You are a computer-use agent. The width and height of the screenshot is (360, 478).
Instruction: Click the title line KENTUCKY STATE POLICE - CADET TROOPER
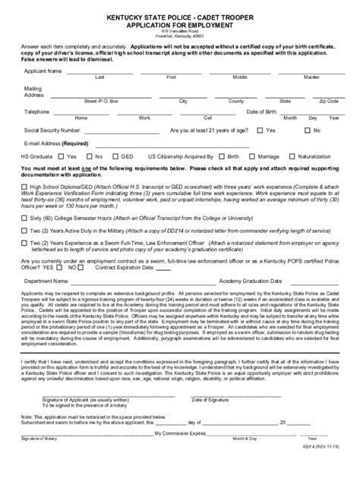pyautogui.click(x=179, y=16)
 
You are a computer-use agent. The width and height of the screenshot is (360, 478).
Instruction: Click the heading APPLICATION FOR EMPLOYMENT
pyautogui.click(x=179, y=24)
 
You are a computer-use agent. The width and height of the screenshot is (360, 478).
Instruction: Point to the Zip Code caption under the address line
pyautogui.click(x=329, y=100)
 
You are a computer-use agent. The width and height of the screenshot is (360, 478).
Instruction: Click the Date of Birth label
pyautogui.click(x=262, y=111)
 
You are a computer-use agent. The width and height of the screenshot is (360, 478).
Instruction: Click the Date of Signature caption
pyautogui.click(x=210, y=420)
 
